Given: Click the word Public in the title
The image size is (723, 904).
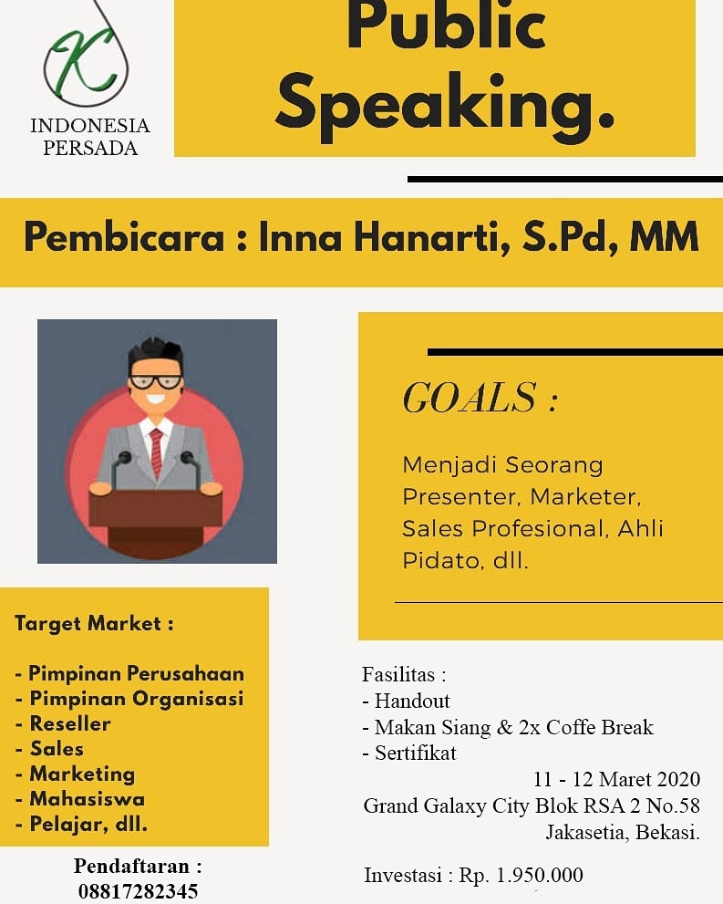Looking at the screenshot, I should coord(446,26).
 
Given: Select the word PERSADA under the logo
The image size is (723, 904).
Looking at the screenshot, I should coord(90,149).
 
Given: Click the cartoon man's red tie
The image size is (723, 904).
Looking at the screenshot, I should coord(156,450).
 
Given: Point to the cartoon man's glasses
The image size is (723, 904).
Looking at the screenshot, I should coord(155,382).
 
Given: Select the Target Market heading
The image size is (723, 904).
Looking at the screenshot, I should coord(94,624).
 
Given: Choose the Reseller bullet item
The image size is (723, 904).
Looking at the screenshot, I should coord(69,723).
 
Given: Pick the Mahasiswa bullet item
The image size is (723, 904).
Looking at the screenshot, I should coord(87,799).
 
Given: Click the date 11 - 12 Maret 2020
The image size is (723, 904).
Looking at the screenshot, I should coord(616,779).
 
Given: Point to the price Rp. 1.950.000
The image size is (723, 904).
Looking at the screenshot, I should coord(521,876).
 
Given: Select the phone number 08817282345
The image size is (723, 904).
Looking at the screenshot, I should coord(138,891).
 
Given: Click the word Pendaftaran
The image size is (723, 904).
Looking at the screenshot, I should coord(131,865).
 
